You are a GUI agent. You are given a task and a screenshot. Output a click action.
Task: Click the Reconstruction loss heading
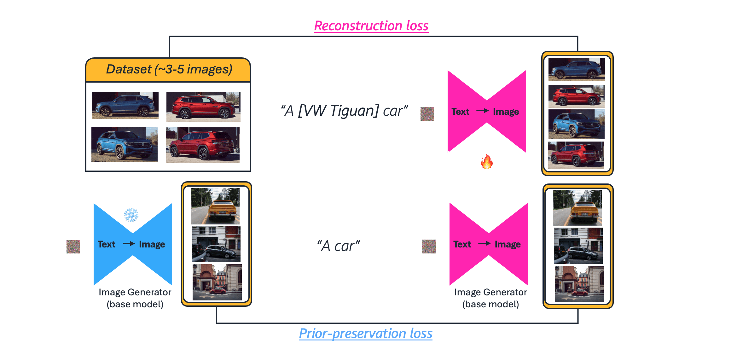(x=371, y=26)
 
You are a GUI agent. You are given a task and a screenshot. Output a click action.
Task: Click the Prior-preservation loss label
(x=365, y=334)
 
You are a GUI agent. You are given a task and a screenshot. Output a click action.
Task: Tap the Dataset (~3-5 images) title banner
(x=169, y=70)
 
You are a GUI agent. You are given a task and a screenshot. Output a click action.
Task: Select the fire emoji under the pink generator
(x=487, y=162)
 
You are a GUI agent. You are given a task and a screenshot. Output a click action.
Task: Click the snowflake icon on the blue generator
(x=131, y=215)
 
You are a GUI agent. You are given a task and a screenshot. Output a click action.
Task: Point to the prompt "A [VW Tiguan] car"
(x=344, y=111)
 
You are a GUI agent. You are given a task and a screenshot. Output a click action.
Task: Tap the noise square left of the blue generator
(x=73, y=247)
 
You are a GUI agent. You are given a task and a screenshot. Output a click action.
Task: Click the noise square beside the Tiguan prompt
(x=427, y=114)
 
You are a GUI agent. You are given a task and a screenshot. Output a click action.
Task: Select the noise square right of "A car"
(x=429, y=247)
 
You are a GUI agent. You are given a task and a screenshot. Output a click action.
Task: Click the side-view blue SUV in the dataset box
(x=125, y=105)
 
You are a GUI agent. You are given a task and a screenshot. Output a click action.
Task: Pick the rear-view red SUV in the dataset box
(x=203, y=145)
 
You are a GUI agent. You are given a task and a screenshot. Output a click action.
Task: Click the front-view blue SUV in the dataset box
(x=125, y=144)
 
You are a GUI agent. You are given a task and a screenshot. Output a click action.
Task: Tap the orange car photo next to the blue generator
(x=215, y=206)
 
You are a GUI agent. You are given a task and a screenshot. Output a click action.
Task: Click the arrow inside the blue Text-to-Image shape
(x=129, y=244)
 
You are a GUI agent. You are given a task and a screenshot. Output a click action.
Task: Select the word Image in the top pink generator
(x=506, y=112)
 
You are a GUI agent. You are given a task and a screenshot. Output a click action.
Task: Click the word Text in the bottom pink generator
(x=462, y=244)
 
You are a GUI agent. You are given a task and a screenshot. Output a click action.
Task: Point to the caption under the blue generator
(x=135, y=298)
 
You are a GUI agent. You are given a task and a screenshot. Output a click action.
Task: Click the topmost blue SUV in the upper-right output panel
(x=576, y=69)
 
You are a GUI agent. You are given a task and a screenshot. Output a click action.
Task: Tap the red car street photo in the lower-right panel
(x=579, y=284)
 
